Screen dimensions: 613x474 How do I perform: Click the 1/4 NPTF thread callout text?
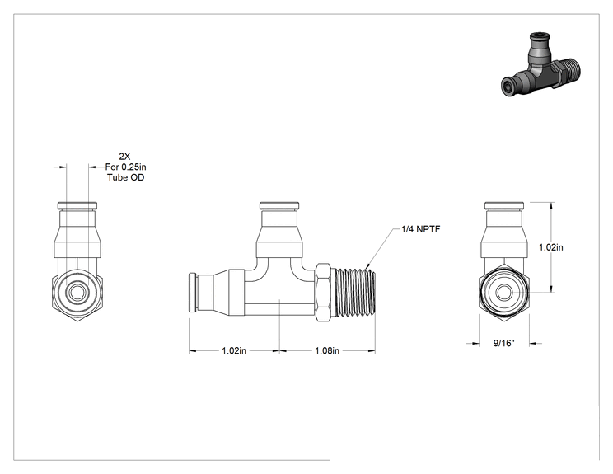(x=421, y=229)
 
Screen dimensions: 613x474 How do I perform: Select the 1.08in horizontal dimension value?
(x=327, y=351)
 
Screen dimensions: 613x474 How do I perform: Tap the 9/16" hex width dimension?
(x=504, y=344)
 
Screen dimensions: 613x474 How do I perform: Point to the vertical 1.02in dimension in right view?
(x=551, y=247)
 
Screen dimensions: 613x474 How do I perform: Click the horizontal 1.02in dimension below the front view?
(x=234, y=351)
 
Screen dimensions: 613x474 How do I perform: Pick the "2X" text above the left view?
(x=124, y=157)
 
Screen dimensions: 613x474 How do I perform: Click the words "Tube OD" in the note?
(x=126, y=177)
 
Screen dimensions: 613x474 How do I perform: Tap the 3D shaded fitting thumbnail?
(x=540, y=65)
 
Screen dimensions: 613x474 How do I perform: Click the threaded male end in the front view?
(x=356, y=292)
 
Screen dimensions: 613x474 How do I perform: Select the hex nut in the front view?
(x=325, y=292)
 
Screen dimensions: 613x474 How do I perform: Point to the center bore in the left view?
(x=77, y=293)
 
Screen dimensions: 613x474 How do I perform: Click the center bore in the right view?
(x=504, y=293)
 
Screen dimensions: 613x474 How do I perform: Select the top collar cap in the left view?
(x=77, y=206)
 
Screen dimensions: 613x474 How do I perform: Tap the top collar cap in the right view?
(x=504, y=206)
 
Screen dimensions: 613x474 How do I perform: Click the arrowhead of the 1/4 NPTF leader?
(x=367, y=266)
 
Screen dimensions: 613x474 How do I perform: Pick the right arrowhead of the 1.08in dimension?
(x=372, y=351)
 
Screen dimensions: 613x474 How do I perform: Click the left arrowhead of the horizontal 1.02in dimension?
(x=193, y=351)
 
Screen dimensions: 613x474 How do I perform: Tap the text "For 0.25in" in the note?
(x=125, y=167)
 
